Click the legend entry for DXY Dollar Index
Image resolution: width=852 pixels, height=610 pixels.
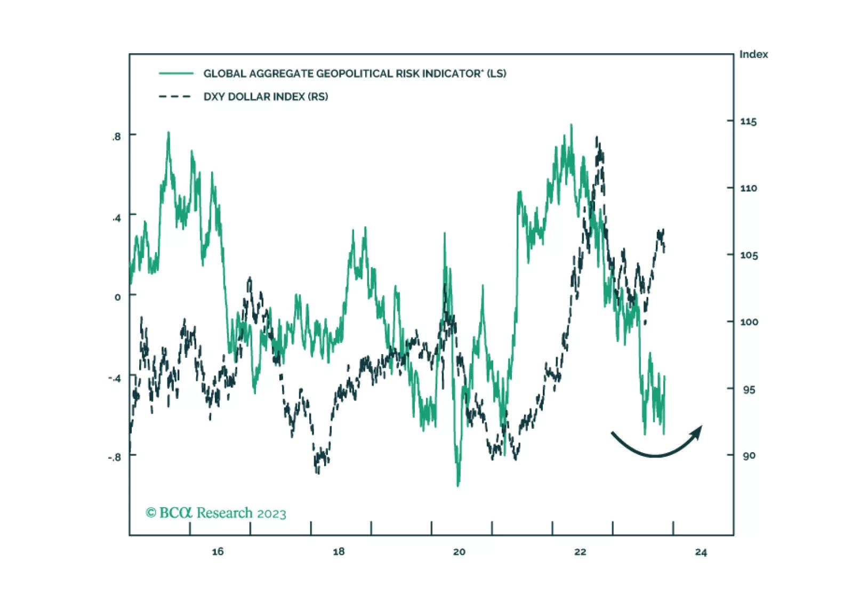(x=266, y=97)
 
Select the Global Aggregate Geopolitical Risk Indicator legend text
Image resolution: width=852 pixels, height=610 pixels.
(x=355, y=74)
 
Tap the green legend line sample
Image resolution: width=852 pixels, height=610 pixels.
(x=176, y=74)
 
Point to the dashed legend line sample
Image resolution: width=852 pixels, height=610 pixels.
(x=175, y=97)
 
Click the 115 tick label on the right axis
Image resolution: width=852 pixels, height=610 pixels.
(x=748, y=122)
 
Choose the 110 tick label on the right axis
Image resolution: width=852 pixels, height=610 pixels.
(x=748, y=188)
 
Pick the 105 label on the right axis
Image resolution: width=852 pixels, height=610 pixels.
(x=749, y=255)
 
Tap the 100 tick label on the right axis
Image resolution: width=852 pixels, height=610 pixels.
(x=749, y=322)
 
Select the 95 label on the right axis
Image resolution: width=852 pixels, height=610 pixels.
(x=749, y=390)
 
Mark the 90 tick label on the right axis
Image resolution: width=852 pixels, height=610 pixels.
(x=749, y=456)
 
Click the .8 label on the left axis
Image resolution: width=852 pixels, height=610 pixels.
(x=116, y=137)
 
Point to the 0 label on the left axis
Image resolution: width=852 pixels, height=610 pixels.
(x=118, y=297)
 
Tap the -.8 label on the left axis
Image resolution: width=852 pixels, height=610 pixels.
(x=114, y=457)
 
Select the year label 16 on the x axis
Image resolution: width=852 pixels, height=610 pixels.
(x=218, y=552)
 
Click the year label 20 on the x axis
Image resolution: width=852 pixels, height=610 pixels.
(x=459, y=552)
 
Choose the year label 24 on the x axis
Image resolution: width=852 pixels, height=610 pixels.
(x=701, y=552)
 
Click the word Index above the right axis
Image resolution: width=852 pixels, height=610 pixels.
(x=753, y=54)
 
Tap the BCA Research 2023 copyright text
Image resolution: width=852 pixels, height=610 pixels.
(x=216, y=513)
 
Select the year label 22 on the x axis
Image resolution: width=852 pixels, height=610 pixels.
(x=580, y=552)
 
